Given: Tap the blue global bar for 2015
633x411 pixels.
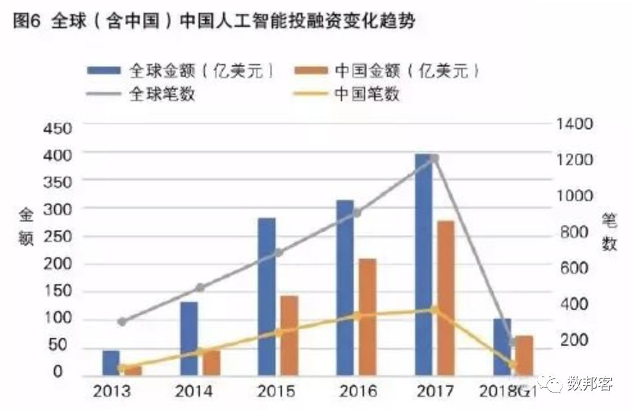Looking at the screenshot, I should click(267, 296).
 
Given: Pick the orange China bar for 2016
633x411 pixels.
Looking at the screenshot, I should click(367, 316).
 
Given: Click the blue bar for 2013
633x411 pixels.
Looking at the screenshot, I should click(111, 362).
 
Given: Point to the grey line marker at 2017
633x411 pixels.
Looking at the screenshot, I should click(434, 158).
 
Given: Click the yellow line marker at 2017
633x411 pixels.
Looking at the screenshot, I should click(434, 310).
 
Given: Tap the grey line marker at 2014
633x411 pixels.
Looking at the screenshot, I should click(199, 287).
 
